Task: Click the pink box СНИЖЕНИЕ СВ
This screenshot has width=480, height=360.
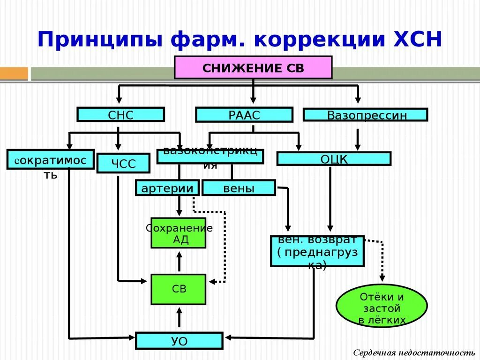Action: (253, 67)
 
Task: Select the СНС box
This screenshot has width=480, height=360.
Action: (120, 114)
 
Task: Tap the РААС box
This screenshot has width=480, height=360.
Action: (244, 115)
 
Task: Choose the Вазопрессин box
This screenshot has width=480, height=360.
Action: (365, 115)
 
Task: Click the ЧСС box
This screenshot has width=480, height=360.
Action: (123, 164)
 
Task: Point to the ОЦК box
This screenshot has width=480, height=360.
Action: (333, 158)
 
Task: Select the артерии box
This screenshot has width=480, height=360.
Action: (167, 188)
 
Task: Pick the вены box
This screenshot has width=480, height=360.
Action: (239, 188)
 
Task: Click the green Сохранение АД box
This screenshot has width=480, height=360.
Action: (178, 233)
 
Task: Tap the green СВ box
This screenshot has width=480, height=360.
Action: (178, 289)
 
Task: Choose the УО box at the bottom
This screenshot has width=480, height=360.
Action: (179, 340)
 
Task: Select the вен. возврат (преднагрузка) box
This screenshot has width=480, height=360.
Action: (317, 251)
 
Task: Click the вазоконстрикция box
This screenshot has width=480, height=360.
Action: (210, 157)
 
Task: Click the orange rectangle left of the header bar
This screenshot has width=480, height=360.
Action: (14, 74)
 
